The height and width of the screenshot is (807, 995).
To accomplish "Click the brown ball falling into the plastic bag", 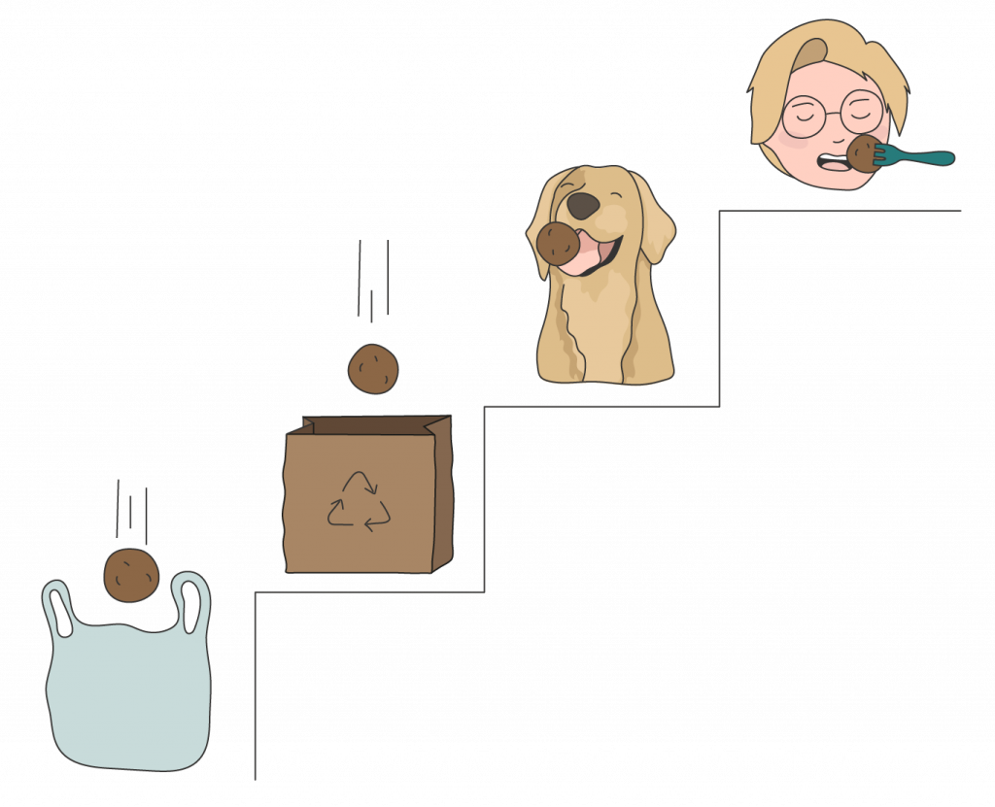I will (x=131, y=575).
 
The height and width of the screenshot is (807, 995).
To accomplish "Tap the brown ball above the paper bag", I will (x=373, y=369).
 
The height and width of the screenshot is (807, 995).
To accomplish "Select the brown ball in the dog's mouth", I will (x=558, y=243).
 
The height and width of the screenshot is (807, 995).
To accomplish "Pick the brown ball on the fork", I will (x=862, y=153).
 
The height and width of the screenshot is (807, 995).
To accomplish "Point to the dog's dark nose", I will (x=583, y=205).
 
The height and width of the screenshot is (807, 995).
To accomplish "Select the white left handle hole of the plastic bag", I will (x=59, y=612).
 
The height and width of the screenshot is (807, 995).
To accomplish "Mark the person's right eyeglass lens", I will (x=860, y=111).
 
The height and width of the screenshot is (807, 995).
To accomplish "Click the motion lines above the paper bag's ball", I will (x=373, y=277).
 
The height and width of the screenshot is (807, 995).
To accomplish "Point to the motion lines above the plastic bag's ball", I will (x=131, y=510).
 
